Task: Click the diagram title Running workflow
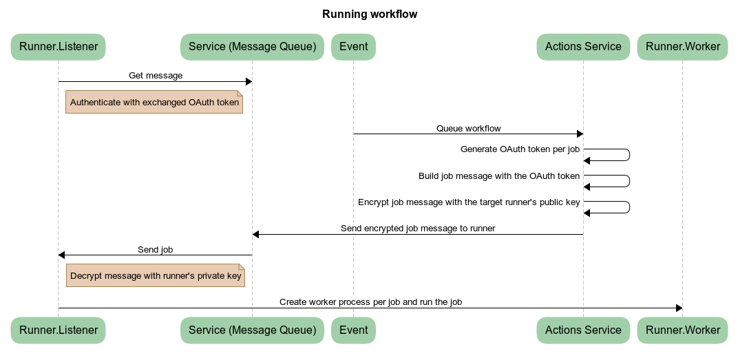click(369, 14)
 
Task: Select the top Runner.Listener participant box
click(58, 47)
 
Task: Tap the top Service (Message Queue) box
click(252, 47)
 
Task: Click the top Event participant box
click(353, 47)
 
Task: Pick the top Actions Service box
click(583, 47)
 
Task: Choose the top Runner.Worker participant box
click(682, 47)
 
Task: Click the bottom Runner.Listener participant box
click(58, 330)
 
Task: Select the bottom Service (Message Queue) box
click(252, 330)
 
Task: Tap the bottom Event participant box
click(353, 330)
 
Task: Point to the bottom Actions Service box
click(583, 330)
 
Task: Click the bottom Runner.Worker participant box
click(682, 330)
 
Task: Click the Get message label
click(156, 75)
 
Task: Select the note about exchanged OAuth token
click(154, 102)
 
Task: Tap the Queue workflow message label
click(468, 128)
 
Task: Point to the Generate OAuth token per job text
click(520, 149)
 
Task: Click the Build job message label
click(498, 176)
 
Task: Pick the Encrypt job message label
click(468, 202)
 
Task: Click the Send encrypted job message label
click(418, 228)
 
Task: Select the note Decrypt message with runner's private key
click(156, 275)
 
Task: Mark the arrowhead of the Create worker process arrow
click(679, 308)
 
